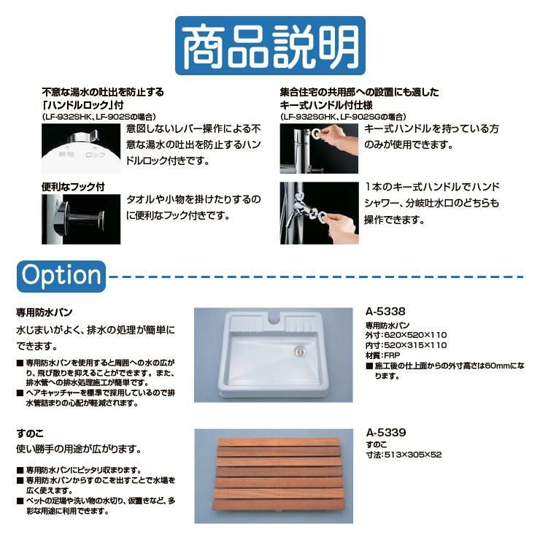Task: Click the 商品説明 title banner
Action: (270, 45)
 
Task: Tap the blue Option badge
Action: (61, 276)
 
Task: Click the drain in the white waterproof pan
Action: (300, 351)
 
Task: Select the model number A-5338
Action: (385, 312)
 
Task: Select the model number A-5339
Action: (386, 433)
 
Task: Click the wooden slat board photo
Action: (274, 476)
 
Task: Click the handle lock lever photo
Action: (81, 148)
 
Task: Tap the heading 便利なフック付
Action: (73, 187)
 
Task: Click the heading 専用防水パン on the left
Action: (45, 312)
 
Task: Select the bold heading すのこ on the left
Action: (30, 433)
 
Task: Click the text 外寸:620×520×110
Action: (406, 335)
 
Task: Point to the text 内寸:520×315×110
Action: (406, 345)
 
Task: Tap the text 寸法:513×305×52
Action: (404, 455)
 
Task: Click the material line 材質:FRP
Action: (382, 356)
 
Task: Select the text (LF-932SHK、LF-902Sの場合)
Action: (99, 117)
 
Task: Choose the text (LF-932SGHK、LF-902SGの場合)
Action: (343, 117)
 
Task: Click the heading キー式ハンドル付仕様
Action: (326, 104)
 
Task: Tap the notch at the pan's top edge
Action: (274, 319)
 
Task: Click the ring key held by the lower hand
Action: (323, 217)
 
